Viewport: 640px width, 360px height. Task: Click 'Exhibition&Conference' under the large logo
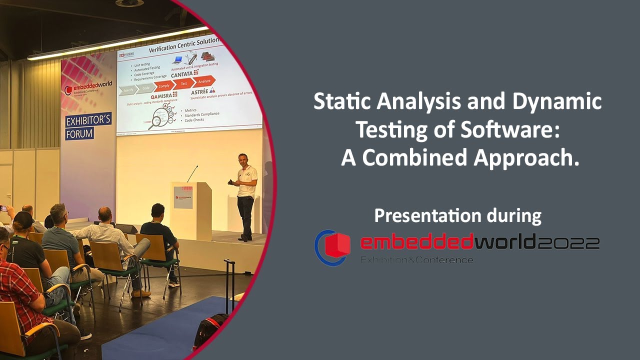pos(417,260)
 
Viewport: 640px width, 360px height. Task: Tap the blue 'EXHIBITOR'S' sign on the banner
pos(88,120)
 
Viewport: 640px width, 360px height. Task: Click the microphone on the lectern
pos(192,173)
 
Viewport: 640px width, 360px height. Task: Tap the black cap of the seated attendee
pos(22,220)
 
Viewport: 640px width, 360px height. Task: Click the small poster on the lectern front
pos(183,197)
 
